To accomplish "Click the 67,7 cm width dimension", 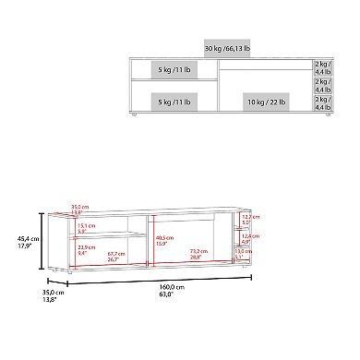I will (115, 256).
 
